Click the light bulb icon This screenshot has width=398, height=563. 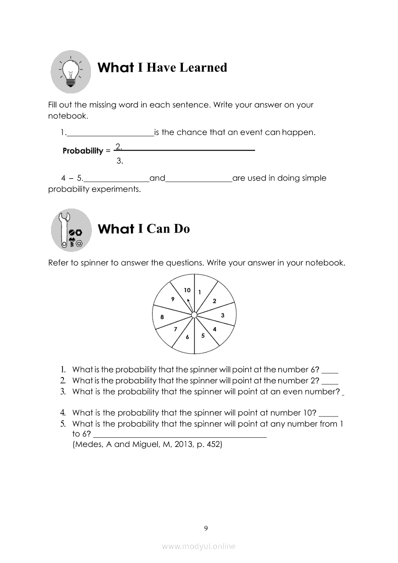[71, 72]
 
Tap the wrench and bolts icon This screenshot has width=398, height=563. [71, 230]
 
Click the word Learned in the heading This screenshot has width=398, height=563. [203, 67]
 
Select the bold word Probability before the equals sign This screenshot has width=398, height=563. [83, 151]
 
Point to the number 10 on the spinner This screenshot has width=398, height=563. [187, 290]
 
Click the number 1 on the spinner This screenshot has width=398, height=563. [200, 291]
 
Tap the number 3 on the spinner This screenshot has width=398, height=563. [222, 315]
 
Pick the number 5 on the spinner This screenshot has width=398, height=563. [203, 336]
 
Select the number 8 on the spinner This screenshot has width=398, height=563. [162, 317]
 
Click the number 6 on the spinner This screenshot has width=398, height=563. [188, 337]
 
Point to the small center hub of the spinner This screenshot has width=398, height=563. [194, 315]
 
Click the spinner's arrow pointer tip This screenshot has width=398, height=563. [188, 300]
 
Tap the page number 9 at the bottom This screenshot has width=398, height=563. [206, 528]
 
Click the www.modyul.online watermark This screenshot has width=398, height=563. [199, 546]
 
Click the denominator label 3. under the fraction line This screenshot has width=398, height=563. [120, 161]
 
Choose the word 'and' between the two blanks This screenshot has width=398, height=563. [157, 178]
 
